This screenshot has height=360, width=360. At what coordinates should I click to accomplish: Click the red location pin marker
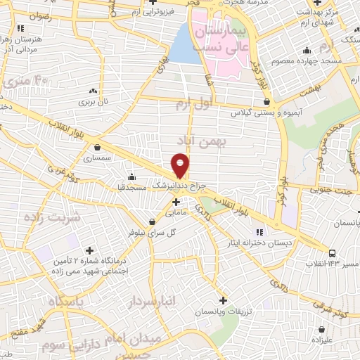[181, 165]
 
